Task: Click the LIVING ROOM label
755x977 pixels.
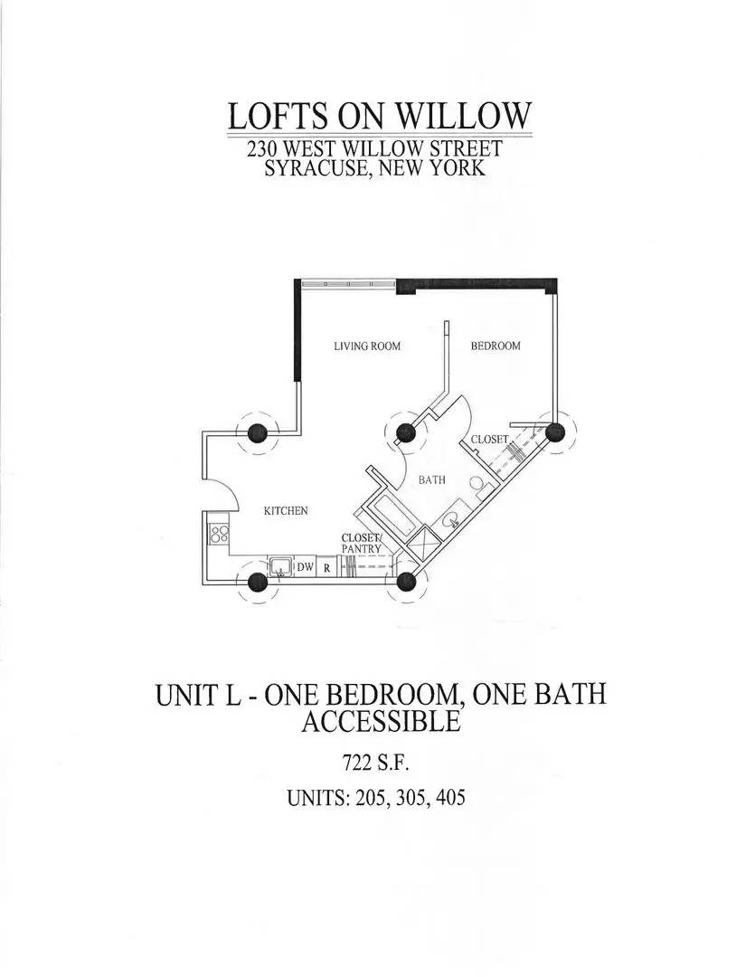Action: coord(367,346)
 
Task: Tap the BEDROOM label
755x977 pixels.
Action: coord(495,346)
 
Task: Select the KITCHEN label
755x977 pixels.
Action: coord(286,511)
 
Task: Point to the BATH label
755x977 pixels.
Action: coord(431,479)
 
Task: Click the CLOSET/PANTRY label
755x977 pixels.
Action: coord(362,543)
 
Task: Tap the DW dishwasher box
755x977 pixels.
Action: coord(305,567)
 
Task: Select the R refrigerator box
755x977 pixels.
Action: coord(326,567)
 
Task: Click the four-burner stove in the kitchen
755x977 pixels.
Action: coord(220,534)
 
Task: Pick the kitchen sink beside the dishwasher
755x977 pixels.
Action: coord(280,566)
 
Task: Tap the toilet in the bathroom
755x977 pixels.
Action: coord(479,486)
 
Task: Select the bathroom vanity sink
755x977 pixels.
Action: coord(452,519)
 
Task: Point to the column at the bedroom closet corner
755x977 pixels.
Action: coord(554,432)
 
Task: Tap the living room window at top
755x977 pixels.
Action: coord(348,285)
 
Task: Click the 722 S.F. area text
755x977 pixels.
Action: coord(375,762)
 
